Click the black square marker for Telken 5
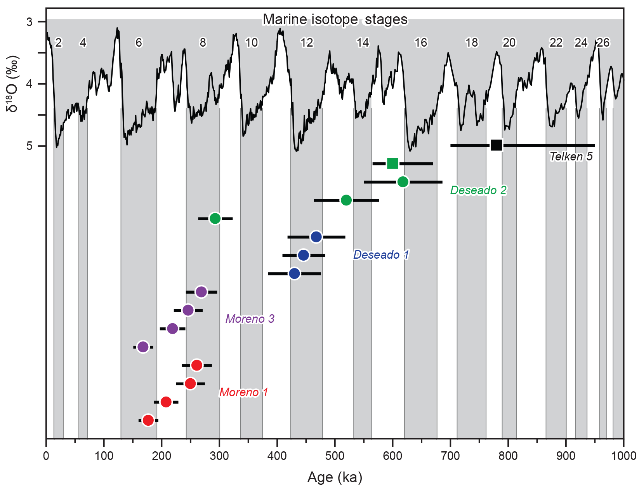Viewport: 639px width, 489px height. pos(497,145)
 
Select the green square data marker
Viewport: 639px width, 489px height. pos(392,164)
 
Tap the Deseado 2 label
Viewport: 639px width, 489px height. pos(478,190)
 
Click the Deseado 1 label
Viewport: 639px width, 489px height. pos(381,255)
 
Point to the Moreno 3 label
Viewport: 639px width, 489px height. pos(250,319)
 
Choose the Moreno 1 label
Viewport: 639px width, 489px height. pos(243,392)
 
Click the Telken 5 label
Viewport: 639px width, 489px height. pos(571,157)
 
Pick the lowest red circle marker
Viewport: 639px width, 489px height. pos(148,420)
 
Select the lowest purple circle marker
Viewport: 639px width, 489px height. pos(143,347)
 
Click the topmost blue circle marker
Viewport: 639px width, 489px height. pos(316,237)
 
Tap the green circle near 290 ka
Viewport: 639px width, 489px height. pos(215,219)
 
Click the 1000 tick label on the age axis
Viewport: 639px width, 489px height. pos(623,456)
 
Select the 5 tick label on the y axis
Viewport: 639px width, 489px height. pos(30,146)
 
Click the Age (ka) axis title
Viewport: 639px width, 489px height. pos(335,477)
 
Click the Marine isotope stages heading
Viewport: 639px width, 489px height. pos(335,19)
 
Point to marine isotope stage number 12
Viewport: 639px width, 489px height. pos(307,43)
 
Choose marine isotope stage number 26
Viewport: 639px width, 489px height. pos(603,43)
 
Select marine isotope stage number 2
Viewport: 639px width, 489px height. pos(58,43)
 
